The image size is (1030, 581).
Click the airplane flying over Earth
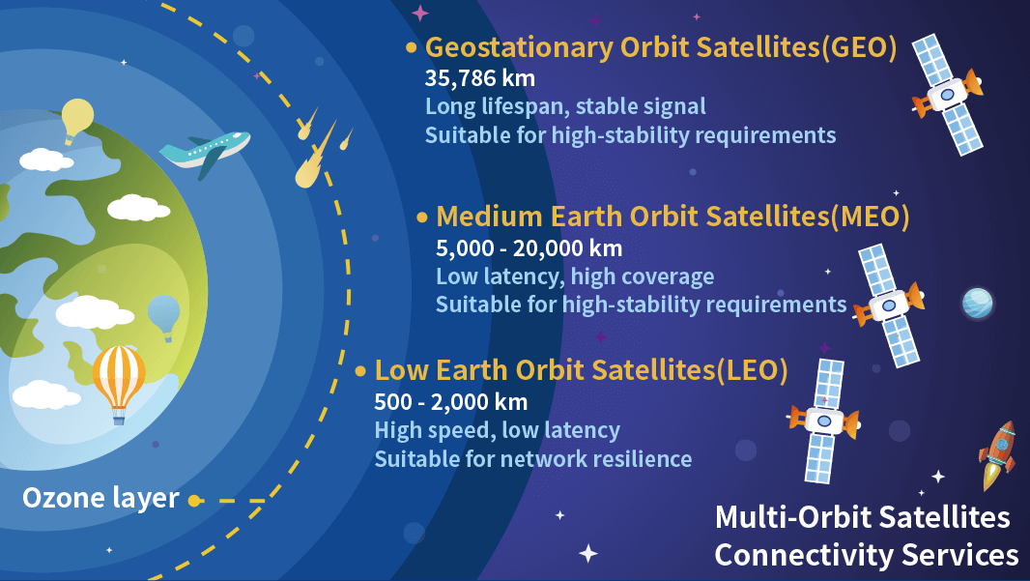point(204,152)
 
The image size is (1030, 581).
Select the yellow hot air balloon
point(77,118)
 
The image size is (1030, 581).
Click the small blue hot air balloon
point(163,314)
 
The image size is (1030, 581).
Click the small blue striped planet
point(977,304)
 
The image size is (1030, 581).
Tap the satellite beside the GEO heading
point(947,95)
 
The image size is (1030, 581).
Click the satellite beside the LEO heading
point(823,421)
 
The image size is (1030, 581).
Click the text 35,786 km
point(480,77)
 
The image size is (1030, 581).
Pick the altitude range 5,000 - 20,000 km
point(529,247)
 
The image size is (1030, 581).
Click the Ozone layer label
point(100,498)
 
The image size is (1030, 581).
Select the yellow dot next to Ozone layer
point(194,501)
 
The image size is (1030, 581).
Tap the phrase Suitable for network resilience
point(532,458)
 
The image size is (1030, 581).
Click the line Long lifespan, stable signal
point(565,105)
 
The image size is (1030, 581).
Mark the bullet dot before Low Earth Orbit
point(360,371)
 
